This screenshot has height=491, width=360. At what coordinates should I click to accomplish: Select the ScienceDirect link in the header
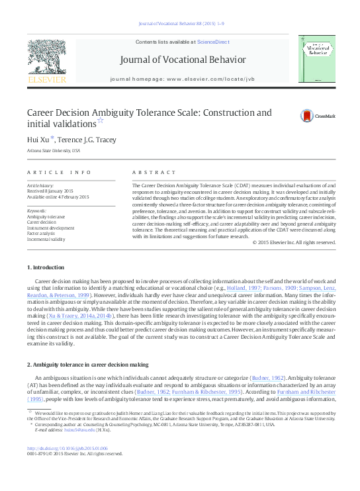pyautogui.click(x=212, y=42)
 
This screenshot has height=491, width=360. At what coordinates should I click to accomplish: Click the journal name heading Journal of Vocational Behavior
pyautogui.click(x=182, y=60)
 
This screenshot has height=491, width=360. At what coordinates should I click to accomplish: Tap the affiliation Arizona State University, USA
pyautogui.click(x=53, y=150)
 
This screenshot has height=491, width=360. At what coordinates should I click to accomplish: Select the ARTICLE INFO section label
pyautogui.click(x=59, y=173)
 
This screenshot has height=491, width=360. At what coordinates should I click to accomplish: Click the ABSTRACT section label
pyautogui.click(x=154, y=173)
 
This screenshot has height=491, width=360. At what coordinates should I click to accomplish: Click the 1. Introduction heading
pyautogui.click(x=46, y=267)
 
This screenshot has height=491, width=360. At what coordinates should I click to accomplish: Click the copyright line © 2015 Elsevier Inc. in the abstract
pyautogui.click(x=294, y=242)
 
